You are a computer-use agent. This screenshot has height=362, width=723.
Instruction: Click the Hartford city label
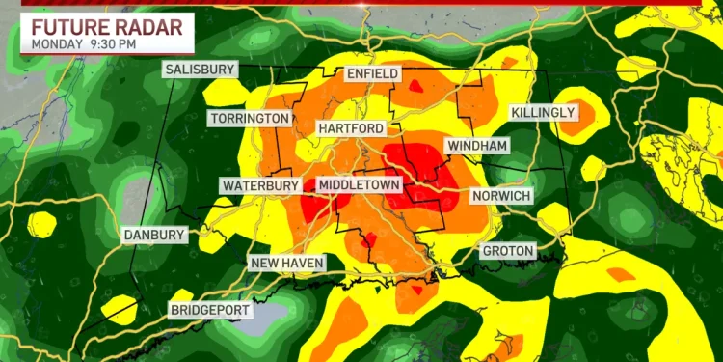point(352,128)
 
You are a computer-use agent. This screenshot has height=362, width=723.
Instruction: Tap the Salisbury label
point(200,70)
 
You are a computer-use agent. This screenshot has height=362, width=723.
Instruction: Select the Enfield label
point(372,74)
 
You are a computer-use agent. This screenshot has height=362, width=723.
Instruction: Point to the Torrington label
point(249,118)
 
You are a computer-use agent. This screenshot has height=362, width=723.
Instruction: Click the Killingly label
point(543,113)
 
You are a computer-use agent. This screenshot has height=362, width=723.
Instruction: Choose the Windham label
point(476,145)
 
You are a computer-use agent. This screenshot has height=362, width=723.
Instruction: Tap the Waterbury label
point(259,185)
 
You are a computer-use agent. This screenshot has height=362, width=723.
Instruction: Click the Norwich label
point(501,196)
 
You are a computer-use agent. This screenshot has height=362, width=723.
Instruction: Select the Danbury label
point(154,235)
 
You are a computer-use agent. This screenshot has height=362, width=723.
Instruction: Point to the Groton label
point(508,251)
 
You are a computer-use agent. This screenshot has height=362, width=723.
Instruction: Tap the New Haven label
point(287,263)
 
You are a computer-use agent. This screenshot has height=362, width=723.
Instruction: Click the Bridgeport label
point(210,310)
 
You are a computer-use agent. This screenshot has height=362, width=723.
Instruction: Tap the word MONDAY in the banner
point(57,43)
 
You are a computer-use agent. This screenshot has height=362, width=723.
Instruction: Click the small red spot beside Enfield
point(415,85)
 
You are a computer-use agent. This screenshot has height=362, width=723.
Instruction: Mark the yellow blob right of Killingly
point(581,108)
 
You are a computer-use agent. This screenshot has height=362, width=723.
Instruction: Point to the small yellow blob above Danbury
point(41,223)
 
